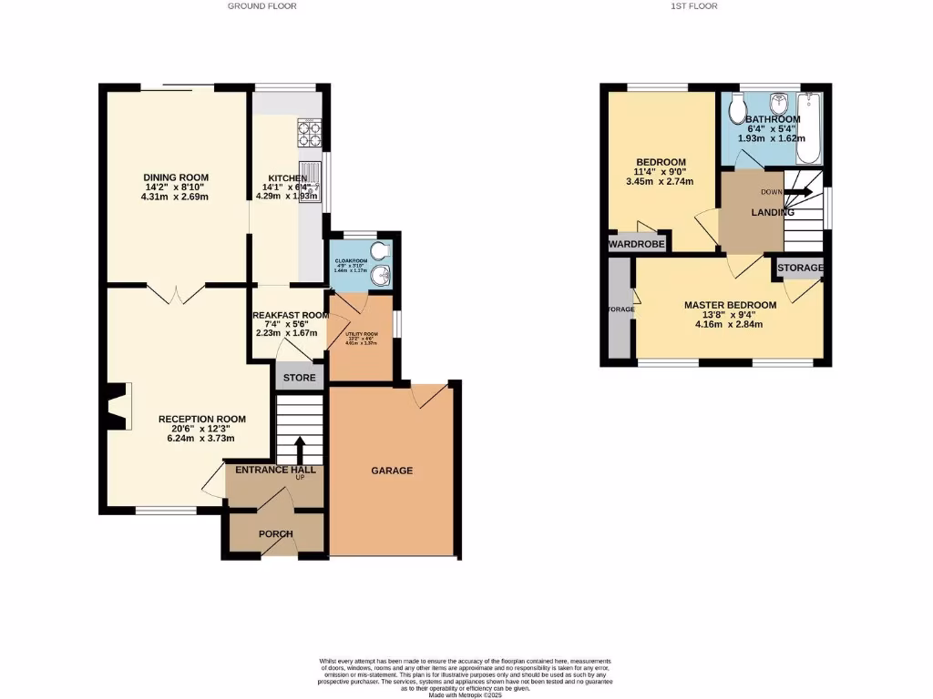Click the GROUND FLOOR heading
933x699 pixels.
click(x=261, y=5)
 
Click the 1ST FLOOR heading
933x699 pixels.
click(x=695, y=5)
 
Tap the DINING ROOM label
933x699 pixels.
click(x=176, y=177)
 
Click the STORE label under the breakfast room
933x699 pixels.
click(x=299, y=378)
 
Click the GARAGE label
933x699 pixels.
click(x=392, y=471)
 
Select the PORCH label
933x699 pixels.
click(x=274, y=534)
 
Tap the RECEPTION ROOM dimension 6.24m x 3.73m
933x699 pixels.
click(x=201, y=438)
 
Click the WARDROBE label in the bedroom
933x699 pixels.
click(x=637, y=244)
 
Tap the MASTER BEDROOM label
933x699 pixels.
click(x=730, y=305)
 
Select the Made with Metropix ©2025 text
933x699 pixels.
click(x=465, y=694)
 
